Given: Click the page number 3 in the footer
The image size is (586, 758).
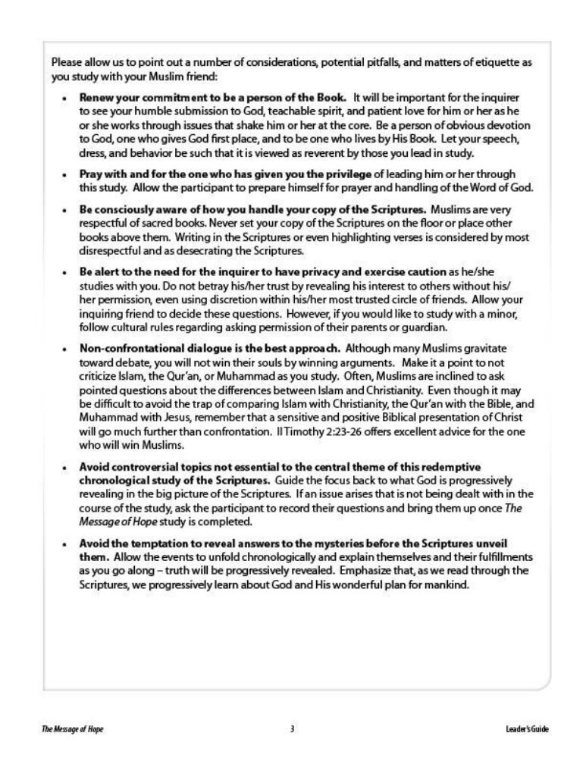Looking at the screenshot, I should click(292, 729).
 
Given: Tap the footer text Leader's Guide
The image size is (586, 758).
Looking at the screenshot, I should click(519, 729).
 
